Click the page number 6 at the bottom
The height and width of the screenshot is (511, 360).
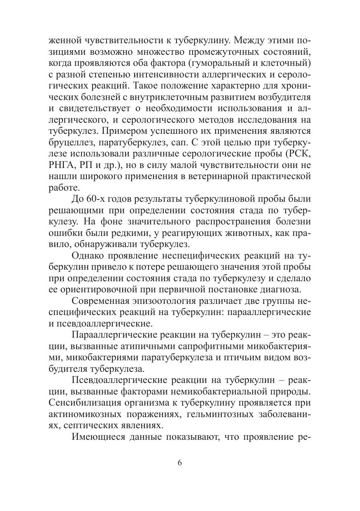coord(179,462)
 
